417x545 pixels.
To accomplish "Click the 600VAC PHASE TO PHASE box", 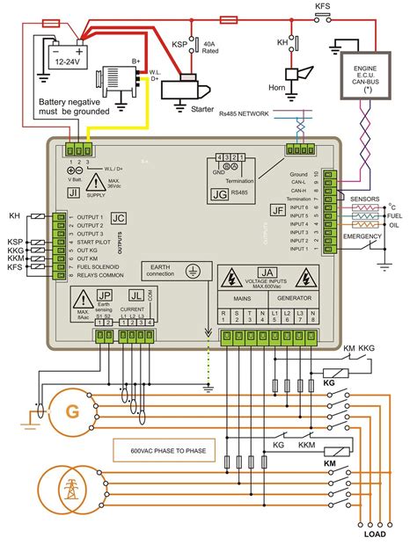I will (167, 450).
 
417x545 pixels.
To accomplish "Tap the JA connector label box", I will (266, 273).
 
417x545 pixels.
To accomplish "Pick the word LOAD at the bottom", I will (374, 533).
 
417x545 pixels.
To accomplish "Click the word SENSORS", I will (364, 199).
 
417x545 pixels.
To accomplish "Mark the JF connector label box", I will (278, 210).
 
